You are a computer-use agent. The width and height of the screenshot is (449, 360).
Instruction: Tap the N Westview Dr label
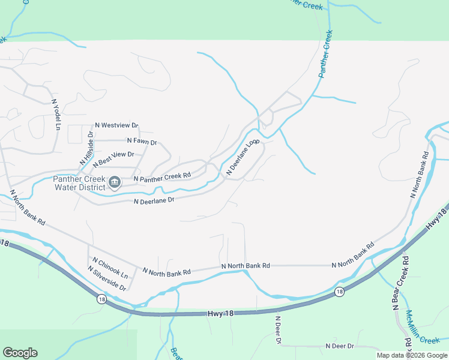coord(116,126)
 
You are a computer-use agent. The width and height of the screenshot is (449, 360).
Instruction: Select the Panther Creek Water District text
coord(79,183)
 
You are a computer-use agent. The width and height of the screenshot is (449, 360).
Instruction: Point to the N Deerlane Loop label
coord(243,158)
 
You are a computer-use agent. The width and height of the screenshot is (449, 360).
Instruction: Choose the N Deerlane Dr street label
coord(154,200)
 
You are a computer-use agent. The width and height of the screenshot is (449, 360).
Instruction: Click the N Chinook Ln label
coord(110,268)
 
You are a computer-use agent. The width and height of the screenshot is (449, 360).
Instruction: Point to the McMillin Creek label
coord(423,328)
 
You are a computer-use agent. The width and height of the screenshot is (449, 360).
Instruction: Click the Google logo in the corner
coord(20,353)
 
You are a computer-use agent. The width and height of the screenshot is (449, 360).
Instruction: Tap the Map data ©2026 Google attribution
coord(412,355)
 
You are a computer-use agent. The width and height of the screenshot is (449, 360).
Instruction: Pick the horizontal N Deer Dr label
coord(340,346)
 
